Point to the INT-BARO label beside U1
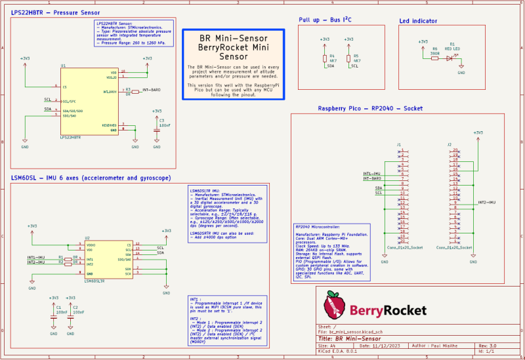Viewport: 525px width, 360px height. (152, 89)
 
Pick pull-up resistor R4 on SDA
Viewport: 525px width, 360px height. (324, 58)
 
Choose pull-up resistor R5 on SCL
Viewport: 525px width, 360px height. (348, 58)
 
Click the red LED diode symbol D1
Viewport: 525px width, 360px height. (450, 57)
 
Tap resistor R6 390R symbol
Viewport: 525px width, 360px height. (434, 57)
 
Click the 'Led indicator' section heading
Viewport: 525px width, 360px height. (418, 21)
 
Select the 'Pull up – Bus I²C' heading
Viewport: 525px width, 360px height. (325, 20)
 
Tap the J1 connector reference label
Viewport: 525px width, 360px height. (398, 144)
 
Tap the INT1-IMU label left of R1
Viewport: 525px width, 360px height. (36, 257)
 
